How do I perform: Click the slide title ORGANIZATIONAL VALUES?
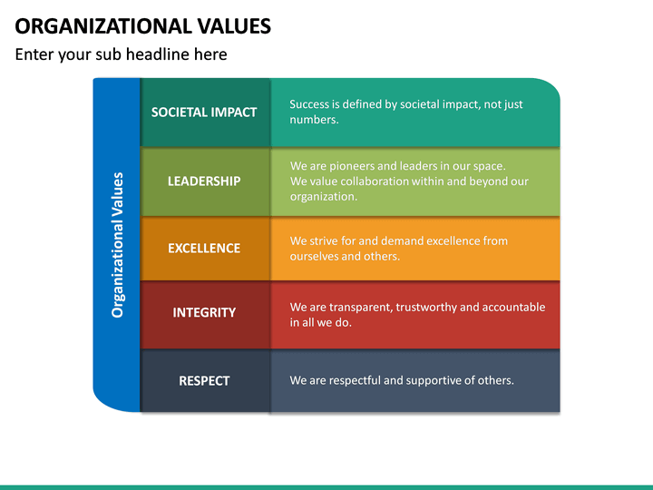click(x=143, y=25)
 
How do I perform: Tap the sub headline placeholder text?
click(x=121, y=54)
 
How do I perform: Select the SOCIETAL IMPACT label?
click(x=204, y=113)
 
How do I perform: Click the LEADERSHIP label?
click(x=204, y=181)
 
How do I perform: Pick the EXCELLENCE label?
click(x=204, y=248)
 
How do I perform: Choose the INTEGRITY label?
click(x=204, y=312)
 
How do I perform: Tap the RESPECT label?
click(x=204, y=380)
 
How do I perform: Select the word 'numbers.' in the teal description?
click(x=314, y=120)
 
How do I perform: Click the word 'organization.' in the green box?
click(x=324, y=196)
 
